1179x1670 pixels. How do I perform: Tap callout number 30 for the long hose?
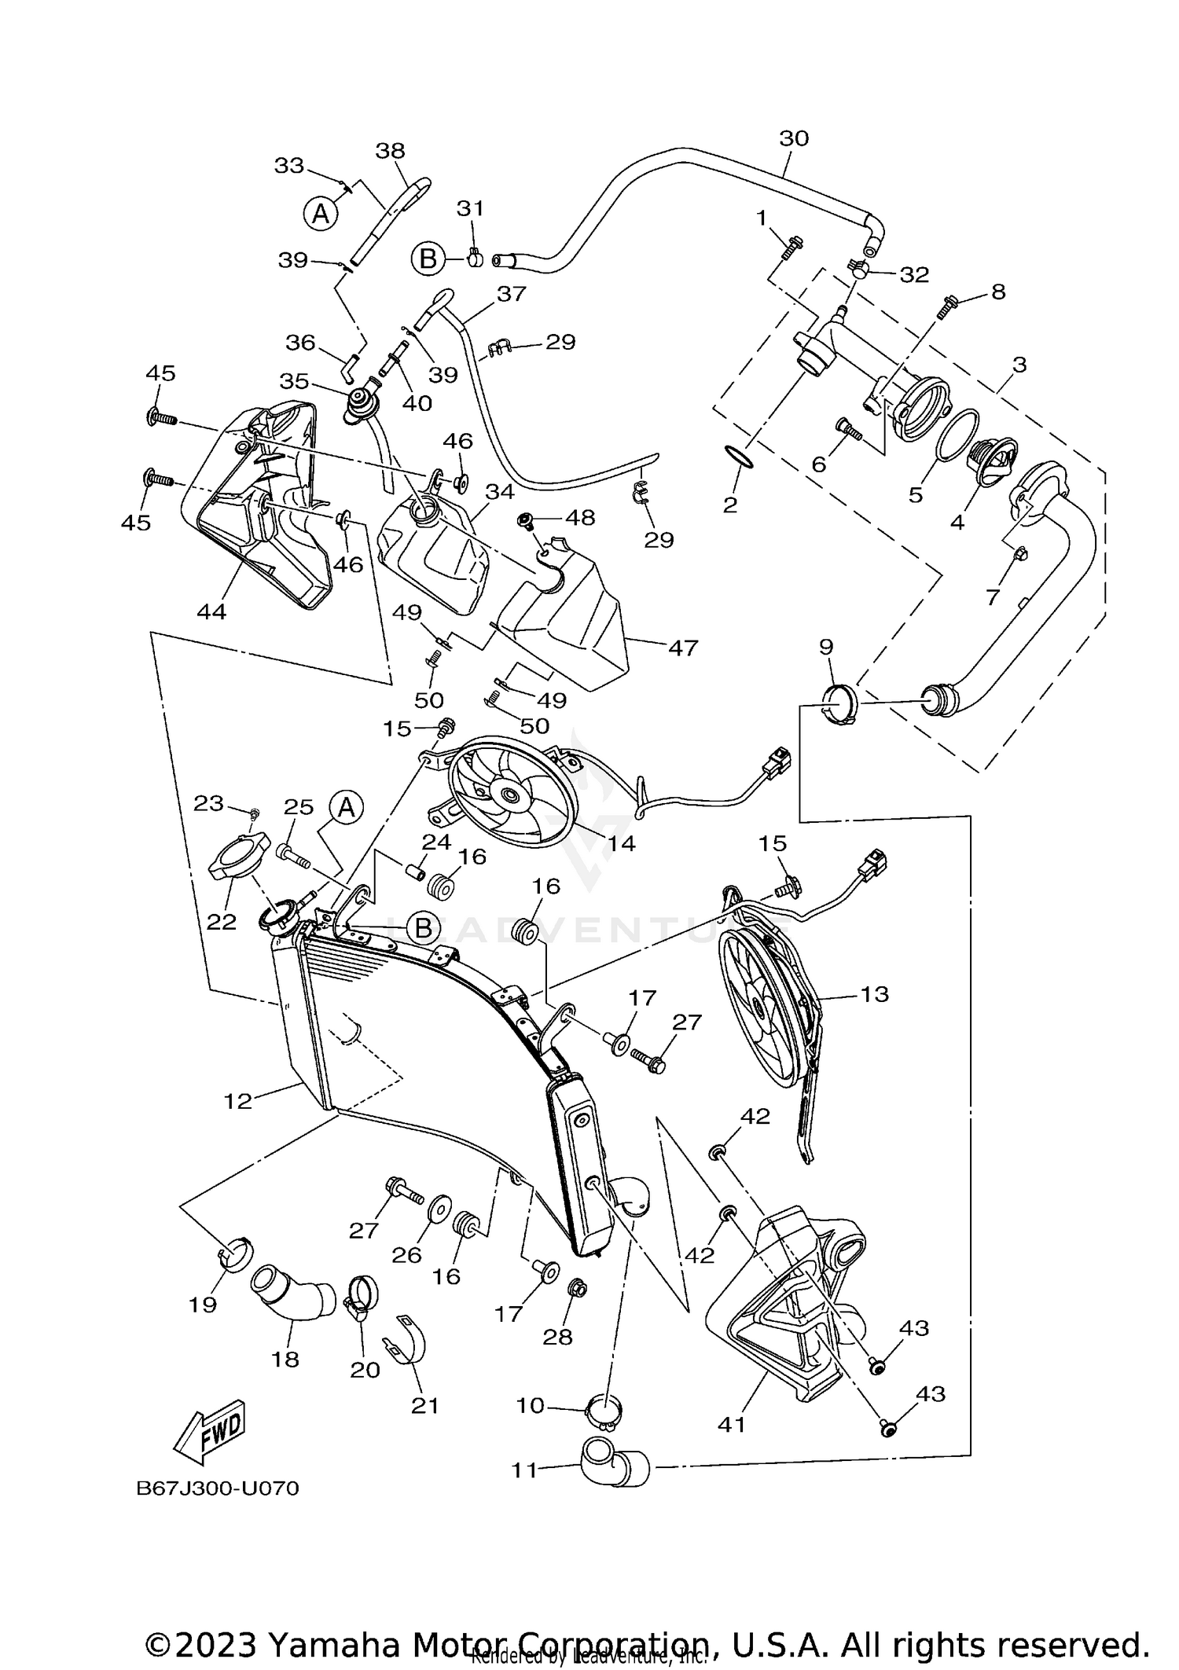click(794, 138)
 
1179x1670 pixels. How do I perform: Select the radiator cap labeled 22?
click(239, 858)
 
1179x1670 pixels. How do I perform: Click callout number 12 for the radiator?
click(237, 1101)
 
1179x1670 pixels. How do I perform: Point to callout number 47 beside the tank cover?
click(682, 648)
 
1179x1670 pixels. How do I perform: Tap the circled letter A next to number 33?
click(321, 213)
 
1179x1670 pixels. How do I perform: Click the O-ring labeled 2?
click(738, 457)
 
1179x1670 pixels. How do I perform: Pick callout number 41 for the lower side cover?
click(732, 1423)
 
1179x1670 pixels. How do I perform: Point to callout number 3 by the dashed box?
click(1019, 365)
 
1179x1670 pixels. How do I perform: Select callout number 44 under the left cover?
click(211, 611)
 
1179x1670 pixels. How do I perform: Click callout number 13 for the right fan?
click(874, 993)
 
